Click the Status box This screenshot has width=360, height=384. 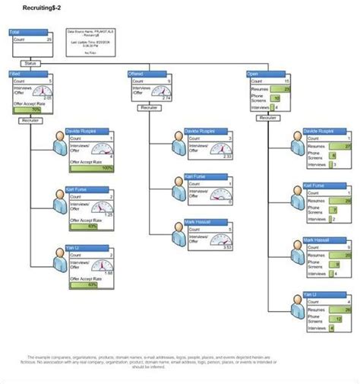30,63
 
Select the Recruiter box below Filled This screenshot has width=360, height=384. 30,120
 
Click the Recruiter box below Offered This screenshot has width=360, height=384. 149,108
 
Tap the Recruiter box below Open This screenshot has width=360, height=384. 267,118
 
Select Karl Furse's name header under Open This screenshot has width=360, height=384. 317,186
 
